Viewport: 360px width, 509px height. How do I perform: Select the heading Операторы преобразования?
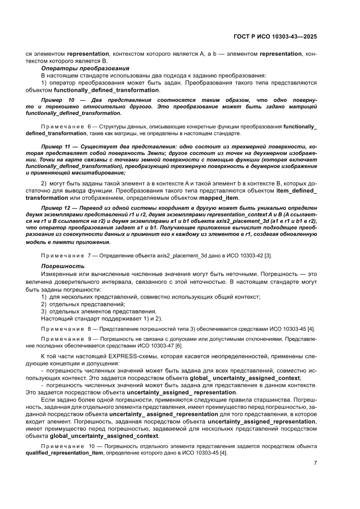tap(85, 68)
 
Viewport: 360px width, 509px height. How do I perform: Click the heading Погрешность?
tap(63, 266)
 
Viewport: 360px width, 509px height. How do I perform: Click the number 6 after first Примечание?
tap(89, 126)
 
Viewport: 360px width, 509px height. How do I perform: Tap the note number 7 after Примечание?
tap(89, 255)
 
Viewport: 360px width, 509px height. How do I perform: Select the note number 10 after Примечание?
tap(91, 447)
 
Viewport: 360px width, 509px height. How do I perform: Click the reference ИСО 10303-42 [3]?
tap(249, 255)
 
